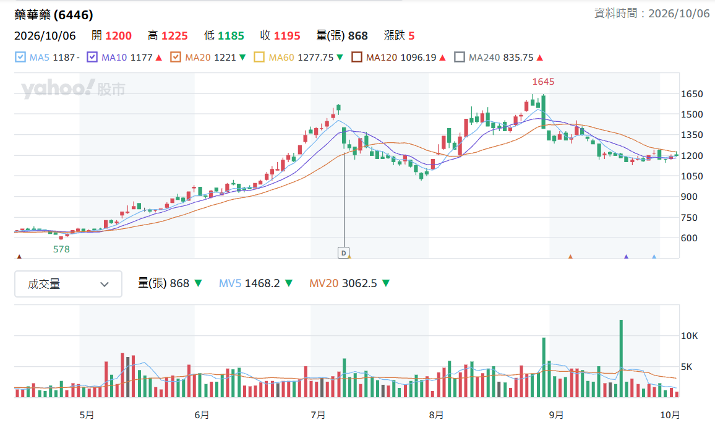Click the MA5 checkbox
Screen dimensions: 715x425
(20, 57)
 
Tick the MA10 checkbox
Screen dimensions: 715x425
(92, 57)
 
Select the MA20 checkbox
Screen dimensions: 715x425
(176, 57)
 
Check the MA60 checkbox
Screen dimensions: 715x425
(259, 57)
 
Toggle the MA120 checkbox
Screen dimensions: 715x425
(357, 57)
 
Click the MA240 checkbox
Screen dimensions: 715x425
(460, 57)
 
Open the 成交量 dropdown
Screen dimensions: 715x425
(69, 284)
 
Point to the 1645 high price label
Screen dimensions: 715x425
(543, 82)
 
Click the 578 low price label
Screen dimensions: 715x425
(61, 249)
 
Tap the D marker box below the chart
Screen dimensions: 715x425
(343, 252)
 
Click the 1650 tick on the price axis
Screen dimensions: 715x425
(691, 94)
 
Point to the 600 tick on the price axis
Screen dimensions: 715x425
(689, 238)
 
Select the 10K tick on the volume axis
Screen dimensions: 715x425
(689, 336)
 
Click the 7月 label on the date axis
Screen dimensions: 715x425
(318, 415)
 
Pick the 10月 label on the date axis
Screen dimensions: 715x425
(670, 415)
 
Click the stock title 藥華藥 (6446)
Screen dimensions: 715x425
(54, 15)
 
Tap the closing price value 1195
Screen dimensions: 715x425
(287, 35)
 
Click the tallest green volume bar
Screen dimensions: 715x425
(621, 358)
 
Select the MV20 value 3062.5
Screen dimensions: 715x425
(359, 283)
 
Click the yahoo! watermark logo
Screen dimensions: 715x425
(58, 88)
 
